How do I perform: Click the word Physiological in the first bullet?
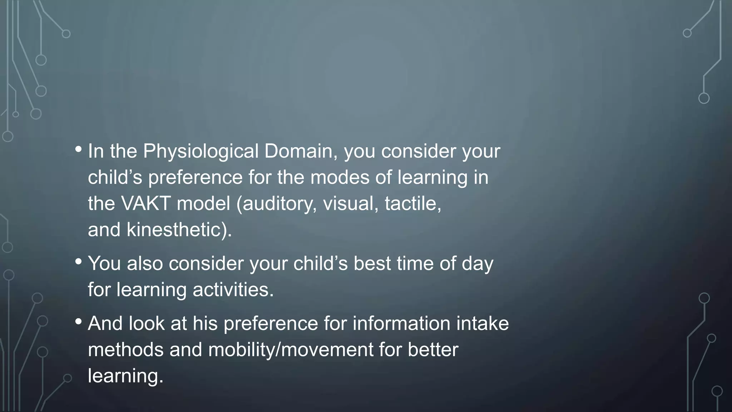coord(201,151)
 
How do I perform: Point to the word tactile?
coord(412,203)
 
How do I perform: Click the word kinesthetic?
coord(178,230)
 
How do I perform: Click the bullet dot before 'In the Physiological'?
coord(79,149)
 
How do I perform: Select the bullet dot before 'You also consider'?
coord(79,261)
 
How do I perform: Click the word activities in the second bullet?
coord(233,289)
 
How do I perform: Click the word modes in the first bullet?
coord(340,177)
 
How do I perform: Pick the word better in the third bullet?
coord(433,349)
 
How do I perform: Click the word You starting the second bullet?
coord(104,264)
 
